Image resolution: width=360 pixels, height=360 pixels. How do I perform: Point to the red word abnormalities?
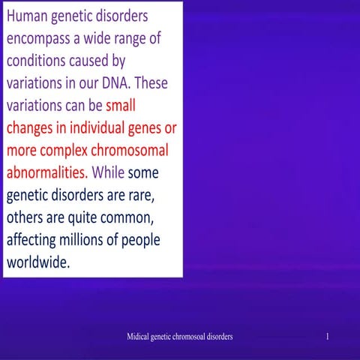coord(46,172)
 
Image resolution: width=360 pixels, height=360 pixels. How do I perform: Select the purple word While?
coord(108,172)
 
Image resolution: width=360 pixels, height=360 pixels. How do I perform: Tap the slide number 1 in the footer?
coord(328,337)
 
